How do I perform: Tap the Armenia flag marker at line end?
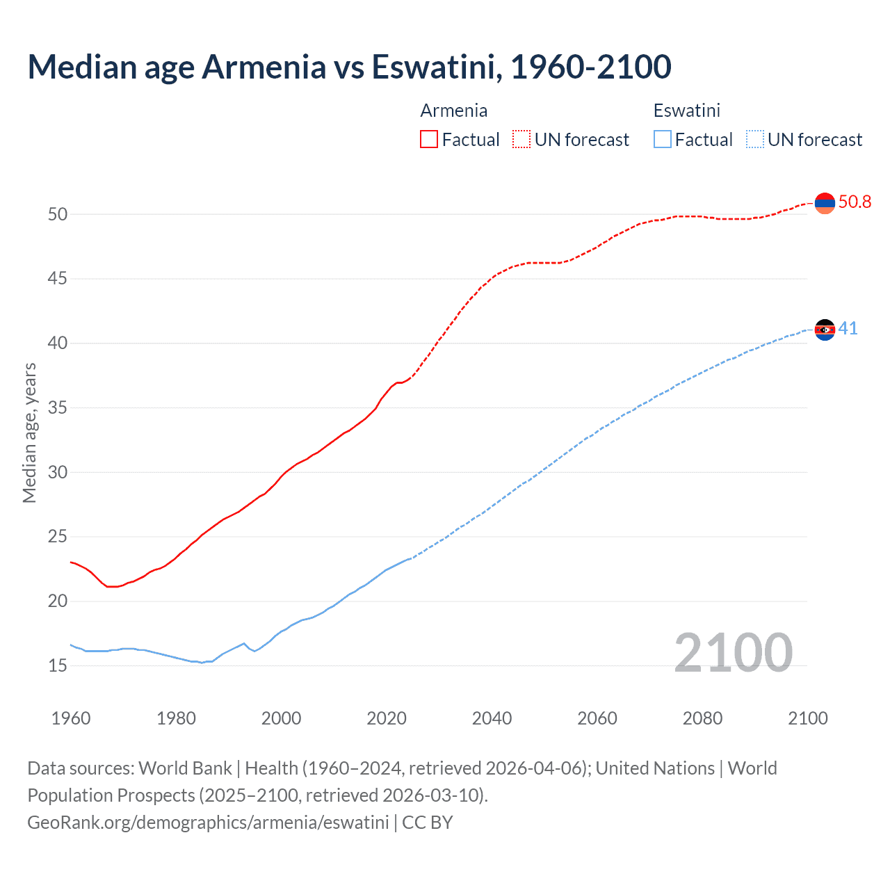click(825, 203)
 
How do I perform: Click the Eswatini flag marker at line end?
click(825, 330)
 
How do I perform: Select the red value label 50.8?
click(855, 202)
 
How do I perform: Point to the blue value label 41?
click(848, 329)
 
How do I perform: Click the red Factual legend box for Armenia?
click(429, 140)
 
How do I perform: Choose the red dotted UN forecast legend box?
click(521, 140)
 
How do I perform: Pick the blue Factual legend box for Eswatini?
click(663, 140)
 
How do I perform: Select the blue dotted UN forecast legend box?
click(755, 140)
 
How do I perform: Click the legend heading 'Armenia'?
click(453, 111)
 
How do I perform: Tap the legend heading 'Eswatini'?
click(686, 111)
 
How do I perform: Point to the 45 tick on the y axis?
click(58, 279)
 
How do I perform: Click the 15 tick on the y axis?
click(58, 665)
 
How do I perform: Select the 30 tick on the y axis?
click(58, 472)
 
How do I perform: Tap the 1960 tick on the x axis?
click(71, 718)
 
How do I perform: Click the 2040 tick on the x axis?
click(492, 718)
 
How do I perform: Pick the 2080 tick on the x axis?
click(702, 718)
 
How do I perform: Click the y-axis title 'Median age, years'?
click(29, 432)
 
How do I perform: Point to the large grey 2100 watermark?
click(733, 652)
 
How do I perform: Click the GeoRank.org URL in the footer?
click(208, 823)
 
